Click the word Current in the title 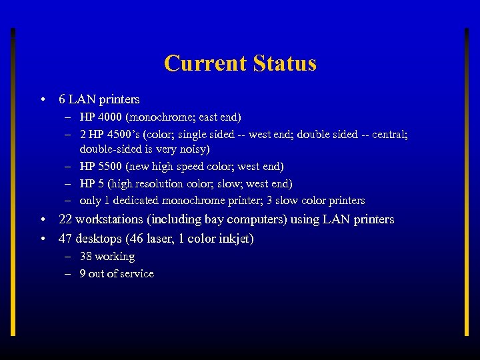coord(205,64)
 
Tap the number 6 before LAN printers coord(62,99)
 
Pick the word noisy coord(195,149)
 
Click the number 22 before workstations coord(65,219)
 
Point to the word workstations coord(108,219)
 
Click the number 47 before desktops coord(65,239)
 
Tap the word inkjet coord(233,239)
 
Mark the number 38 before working coord(86,257)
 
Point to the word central coord(387,135)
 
